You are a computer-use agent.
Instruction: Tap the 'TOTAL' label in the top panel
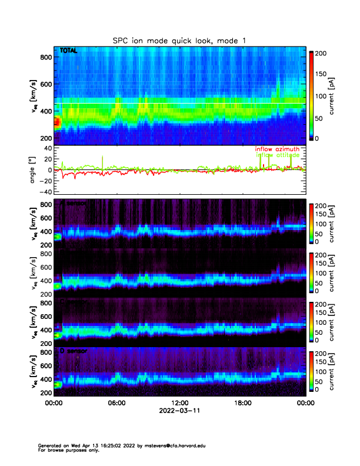pyautogui.click(x=68, y=53)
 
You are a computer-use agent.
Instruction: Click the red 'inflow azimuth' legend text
pyautogui.click(x=277, y=149)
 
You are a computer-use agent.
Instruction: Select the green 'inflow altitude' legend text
pyautogui.click(x=277, y=155)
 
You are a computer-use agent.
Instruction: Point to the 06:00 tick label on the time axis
pyautogui.click(x=116, y=403)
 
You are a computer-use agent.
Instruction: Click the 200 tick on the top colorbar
pyautogui.click(x=323, y=53)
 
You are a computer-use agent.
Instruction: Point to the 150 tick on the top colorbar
pyautogui.click(x=323, y=74)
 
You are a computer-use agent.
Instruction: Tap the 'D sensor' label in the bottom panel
pyautogui.click(x=72, y=351)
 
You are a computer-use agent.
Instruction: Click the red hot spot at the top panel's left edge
pyautogui.click(x=56, y=122)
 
